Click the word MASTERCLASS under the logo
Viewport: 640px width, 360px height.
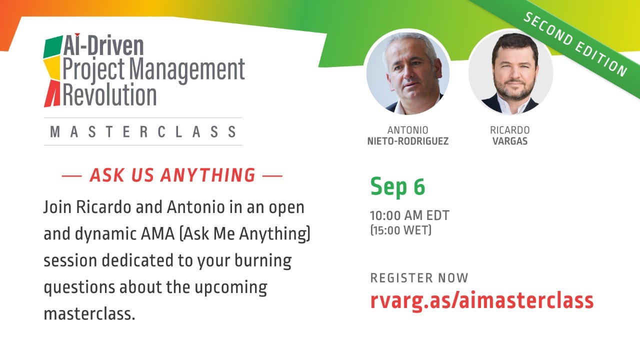(143, 132)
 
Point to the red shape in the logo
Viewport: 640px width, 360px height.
(52, 95)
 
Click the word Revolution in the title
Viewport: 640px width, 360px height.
(109, 95)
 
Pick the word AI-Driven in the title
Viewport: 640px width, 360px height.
(103, 46)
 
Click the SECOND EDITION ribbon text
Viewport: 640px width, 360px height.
(575, 44)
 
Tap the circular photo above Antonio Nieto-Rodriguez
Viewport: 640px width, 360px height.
(407, 72)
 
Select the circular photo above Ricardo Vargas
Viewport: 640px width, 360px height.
(510, 72)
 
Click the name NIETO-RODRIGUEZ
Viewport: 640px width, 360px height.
(407, 141)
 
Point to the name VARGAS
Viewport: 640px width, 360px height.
(509, 141)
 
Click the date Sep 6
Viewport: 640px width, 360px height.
(397, 187)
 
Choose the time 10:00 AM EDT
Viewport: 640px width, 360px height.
(409, 216)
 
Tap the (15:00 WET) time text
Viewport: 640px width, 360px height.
(400, 230)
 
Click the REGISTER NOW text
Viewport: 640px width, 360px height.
(419, 278)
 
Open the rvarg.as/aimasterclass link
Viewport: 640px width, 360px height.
(481, 300)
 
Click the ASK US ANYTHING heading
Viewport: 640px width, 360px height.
(172, 175)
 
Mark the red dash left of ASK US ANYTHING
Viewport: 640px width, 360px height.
(71, 176)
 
